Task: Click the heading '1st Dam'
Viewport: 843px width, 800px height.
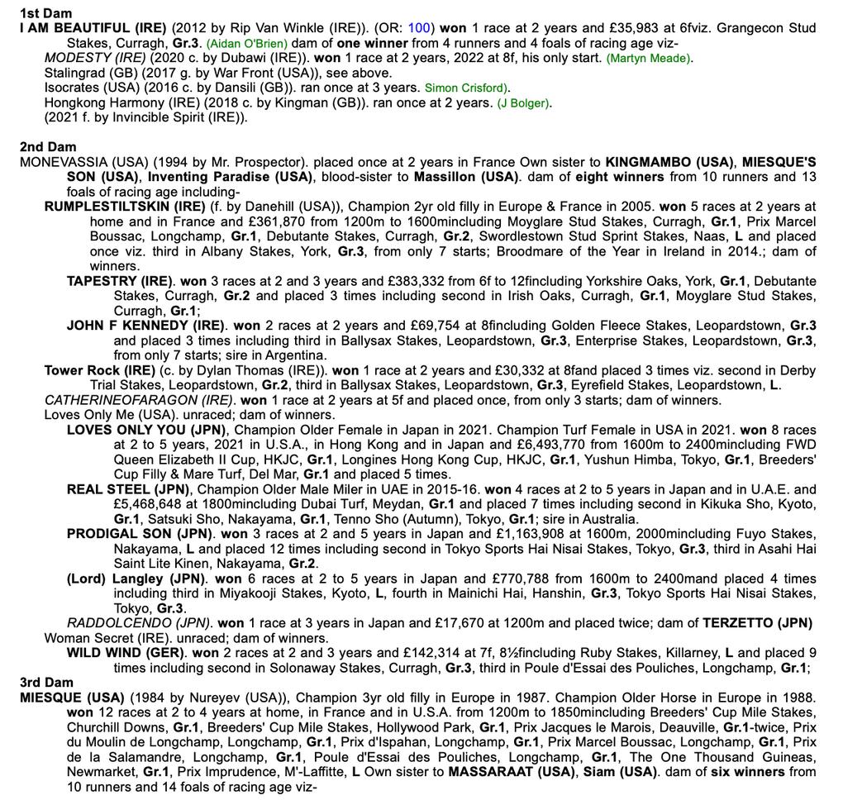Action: tap(45, 13)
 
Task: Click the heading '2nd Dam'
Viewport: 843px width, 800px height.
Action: tap(48, 146)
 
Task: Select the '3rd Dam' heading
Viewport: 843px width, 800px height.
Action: tap(47, 682)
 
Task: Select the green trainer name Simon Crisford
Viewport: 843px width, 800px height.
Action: tap(465, 88)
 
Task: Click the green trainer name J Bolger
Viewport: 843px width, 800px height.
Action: tap(525, 102)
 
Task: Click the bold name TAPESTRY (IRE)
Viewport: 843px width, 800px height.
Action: tap(120, 280)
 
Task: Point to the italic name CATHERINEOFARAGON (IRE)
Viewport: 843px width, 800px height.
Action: tap(126, 400)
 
